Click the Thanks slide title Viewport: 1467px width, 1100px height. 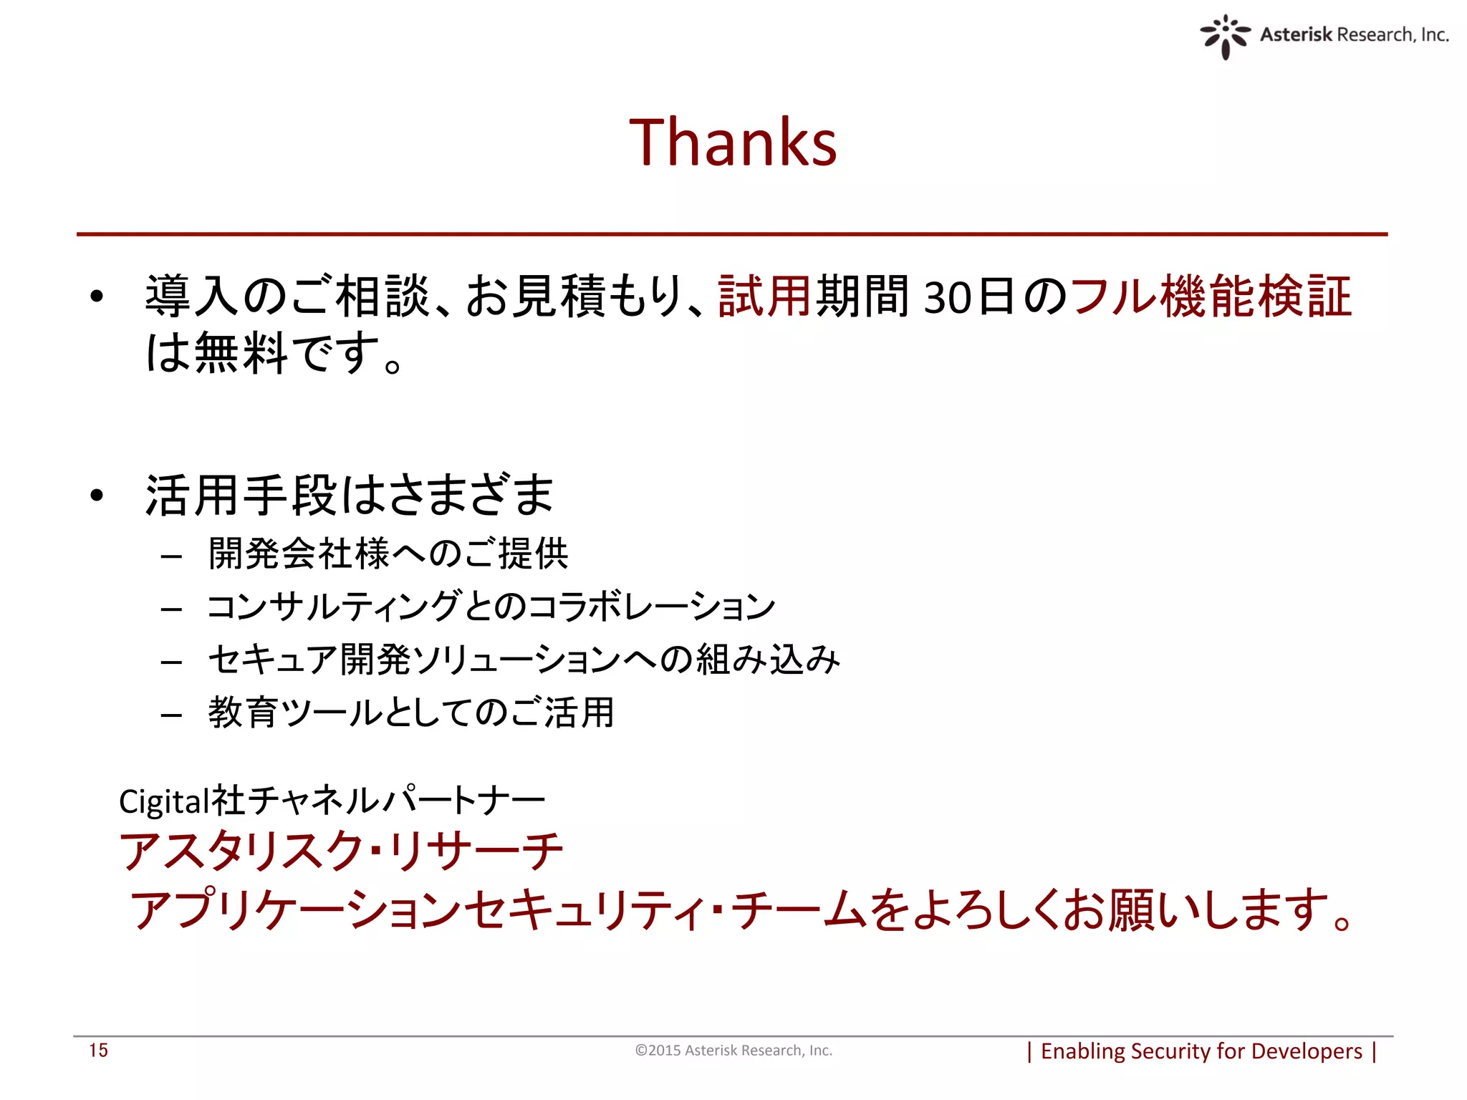(x=733, y=143)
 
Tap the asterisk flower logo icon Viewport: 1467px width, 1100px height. (x=1225, y=36)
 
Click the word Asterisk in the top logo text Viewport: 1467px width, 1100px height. (x=1295, y=34)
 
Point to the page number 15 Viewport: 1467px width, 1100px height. (x=98, y=1050)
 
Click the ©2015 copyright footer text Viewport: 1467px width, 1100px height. (x=733, y=1050)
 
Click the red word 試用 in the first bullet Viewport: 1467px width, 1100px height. (x=764, y=296)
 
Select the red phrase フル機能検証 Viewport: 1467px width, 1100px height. (x=1211, y=296)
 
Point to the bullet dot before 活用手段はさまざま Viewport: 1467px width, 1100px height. (x=97, y=495)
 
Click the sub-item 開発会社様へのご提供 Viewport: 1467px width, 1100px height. (x=388, y=554)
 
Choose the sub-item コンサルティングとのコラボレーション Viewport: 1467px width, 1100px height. (x=491, y=607)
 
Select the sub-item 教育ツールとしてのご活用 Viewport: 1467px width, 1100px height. (x=411, y=713)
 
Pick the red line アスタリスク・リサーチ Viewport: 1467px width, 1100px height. (x=341, y=851)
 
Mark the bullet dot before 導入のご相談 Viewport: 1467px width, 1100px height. (x=97, y=296)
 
